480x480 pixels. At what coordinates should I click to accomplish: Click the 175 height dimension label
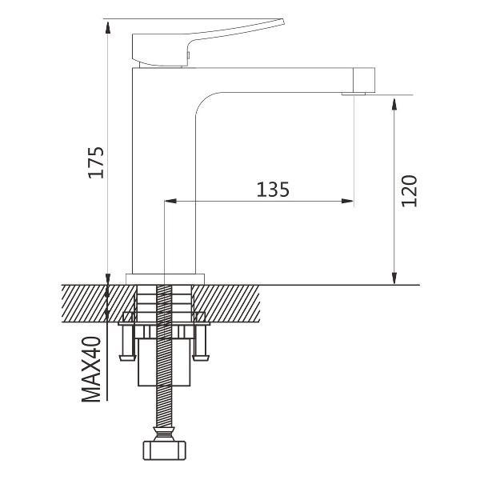[x=96, y=162]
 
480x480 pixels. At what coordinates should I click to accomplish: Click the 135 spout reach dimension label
[x=273, y=190]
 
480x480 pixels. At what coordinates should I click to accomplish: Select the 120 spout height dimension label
[x=410, y=190]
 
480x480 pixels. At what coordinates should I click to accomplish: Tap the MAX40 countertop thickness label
[x=91, y=369]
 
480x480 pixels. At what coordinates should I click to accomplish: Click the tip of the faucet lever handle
[x=283, y=22]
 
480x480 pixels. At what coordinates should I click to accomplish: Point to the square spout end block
[x=364, y=80]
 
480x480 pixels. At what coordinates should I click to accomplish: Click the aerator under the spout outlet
[x=354, y=94]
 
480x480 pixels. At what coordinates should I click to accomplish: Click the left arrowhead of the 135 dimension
[x=170, y=201]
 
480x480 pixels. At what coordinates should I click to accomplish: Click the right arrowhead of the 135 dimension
[x=348, y=201]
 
